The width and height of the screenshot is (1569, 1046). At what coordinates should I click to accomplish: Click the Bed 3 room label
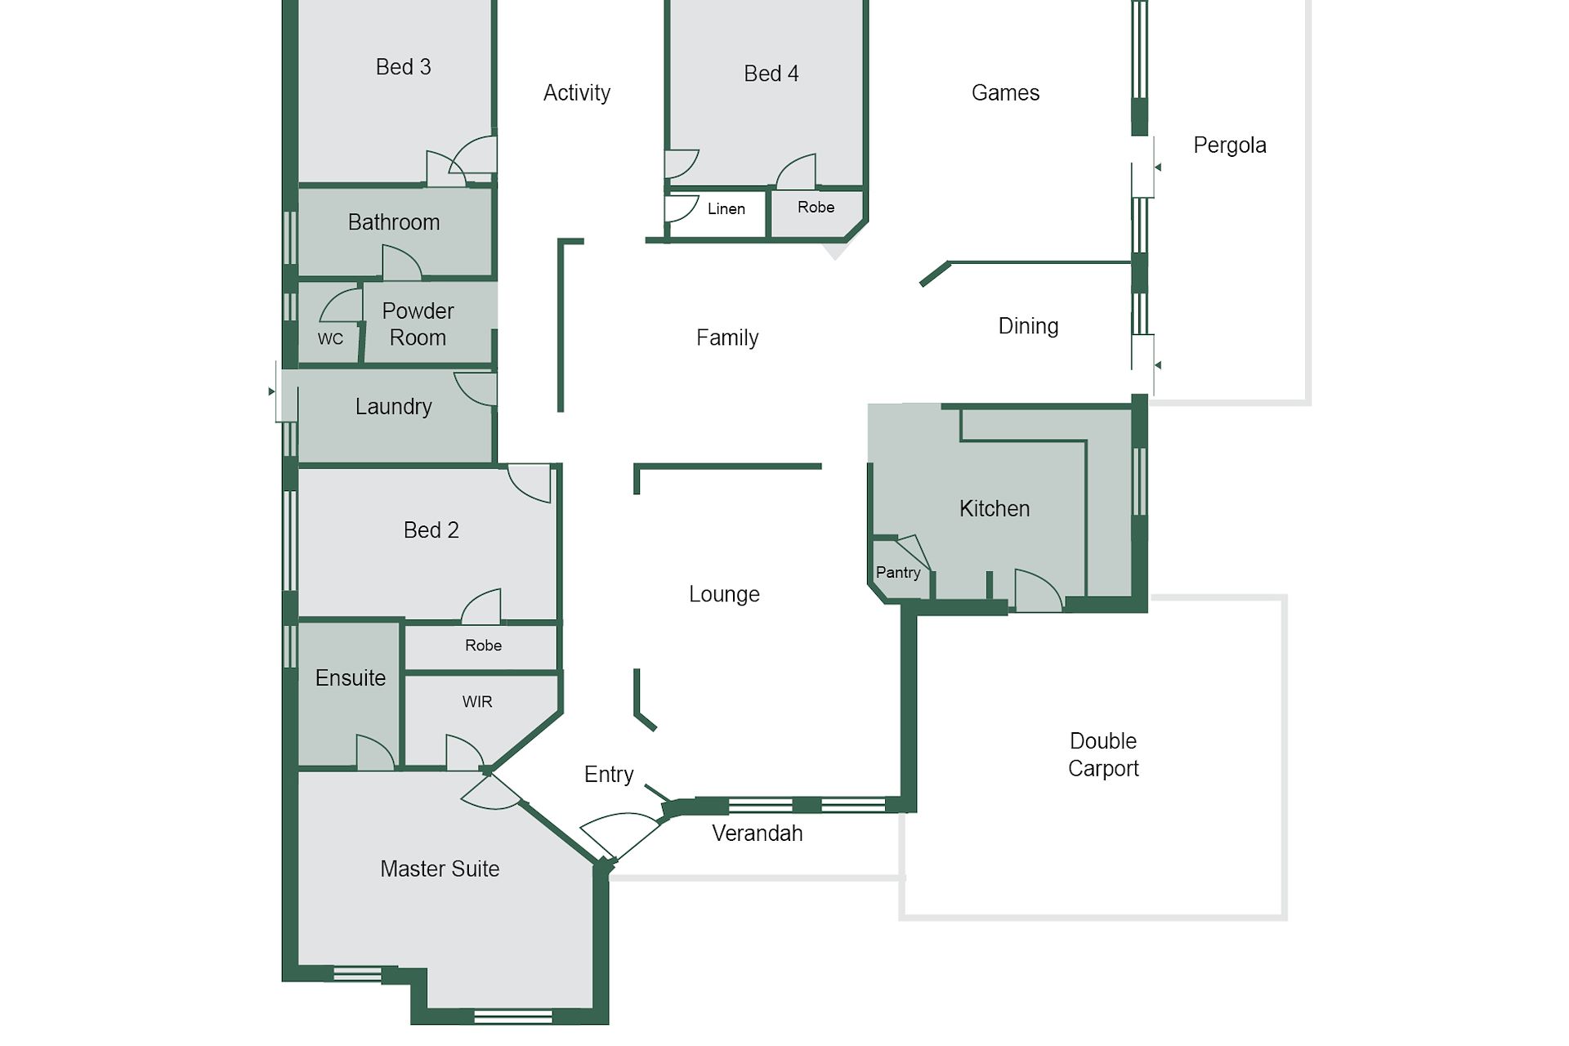[403, 67]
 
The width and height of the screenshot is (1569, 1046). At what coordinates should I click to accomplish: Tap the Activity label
[577, 93]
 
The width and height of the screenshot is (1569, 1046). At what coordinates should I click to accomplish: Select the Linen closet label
[726, 209]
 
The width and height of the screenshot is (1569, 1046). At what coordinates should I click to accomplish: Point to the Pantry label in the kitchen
[898, 573]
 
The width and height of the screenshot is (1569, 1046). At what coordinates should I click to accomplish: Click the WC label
[330, 338]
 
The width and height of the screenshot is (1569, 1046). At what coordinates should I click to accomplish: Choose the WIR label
[477, 702]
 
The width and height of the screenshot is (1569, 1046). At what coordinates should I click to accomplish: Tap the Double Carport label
[1103, 754]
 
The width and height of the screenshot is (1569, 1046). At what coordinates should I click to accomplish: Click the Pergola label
[1230, 145]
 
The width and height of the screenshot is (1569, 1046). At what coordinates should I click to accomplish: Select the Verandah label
[758, 834]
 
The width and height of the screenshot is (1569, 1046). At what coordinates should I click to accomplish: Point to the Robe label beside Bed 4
[816, 208]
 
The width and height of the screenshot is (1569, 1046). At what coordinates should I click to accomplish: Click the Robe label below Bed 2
[484, 646]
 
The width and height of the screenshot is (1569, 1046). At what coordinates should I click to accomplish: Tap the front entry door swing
[621, 834]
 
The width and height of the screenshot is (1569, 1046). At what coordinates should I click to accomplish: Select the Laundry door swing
[474, 389]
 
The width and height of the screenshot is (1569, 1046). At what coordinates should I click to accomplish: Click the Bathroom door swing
[402, 261]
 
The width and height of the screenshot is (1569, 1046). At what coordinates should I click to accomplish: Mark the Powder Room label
[418, 324]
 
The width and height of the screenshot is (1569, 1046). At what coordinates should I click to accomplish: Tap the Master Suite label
[440, 869]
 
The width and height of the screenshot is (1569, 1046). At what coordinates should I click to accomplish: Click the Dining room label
[1028, 327]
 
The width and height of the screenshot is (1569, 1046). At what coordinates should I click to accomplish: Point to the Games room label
[1005, 93]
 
